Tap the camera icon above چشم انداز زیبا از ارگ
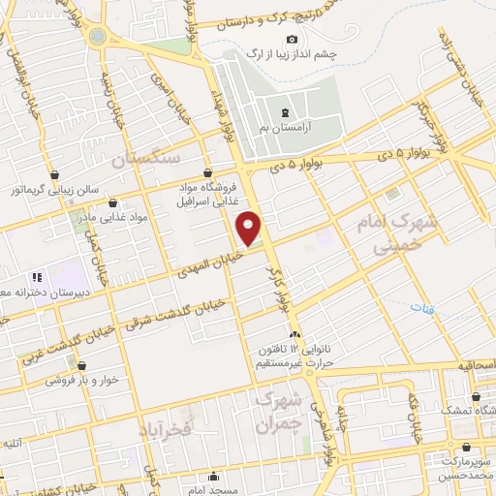292,39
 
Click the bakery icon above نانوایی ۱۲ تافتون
294,334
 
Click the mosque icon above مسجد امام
215,476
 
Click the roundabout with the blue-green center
98,36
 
